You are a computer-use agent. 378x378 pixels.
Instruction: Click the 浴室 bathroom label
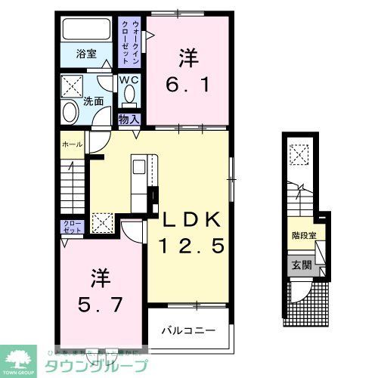(86, 54)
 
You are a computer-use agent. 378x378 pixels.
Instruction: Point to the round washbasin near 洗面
(70, 112)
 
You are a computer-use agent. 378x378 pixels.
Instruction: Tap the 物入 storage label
(128, 119)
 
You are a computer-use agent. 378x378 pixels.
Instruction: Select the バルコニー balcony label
(188, 331)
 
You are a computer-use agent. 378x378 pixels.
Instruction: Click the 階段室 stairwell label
(304, 235)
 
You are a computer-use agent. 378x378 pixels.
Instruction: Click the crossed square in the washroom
(74, 82)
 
